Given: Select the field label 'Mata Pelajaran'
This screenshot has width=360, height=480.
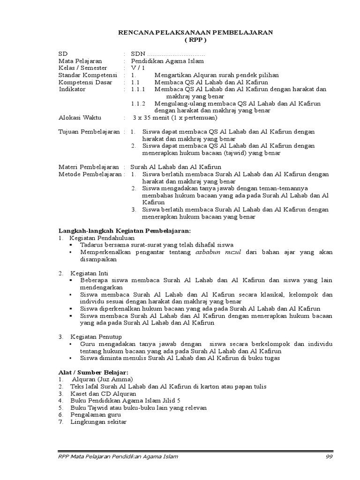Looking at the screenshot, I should (80, 61).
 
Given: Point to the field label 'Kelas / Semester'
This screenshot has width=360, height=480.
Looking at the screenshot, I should (82, 68).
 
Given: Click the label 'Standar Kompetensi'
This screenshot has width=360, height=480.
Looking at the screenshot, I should (87, 75).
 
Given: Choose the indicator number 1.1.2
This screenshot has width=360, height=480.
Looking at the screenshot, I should (138, 104).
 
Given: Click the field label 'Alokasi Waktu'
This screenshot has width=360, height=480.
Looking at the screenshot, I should (79, 118).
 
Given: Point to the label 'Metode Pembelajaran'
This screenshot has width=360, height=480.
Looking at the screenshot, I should (89, 174).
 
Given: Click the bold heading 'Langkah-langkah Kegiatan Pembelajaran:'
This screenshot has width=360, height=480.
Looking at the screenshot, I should (124, 231).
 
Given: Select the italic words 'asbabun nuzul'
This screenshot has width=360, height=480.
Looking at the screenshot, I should (217, 252).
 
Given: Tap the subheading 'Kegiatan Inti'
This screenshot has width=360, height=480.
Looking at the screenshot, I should (90, 273).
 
